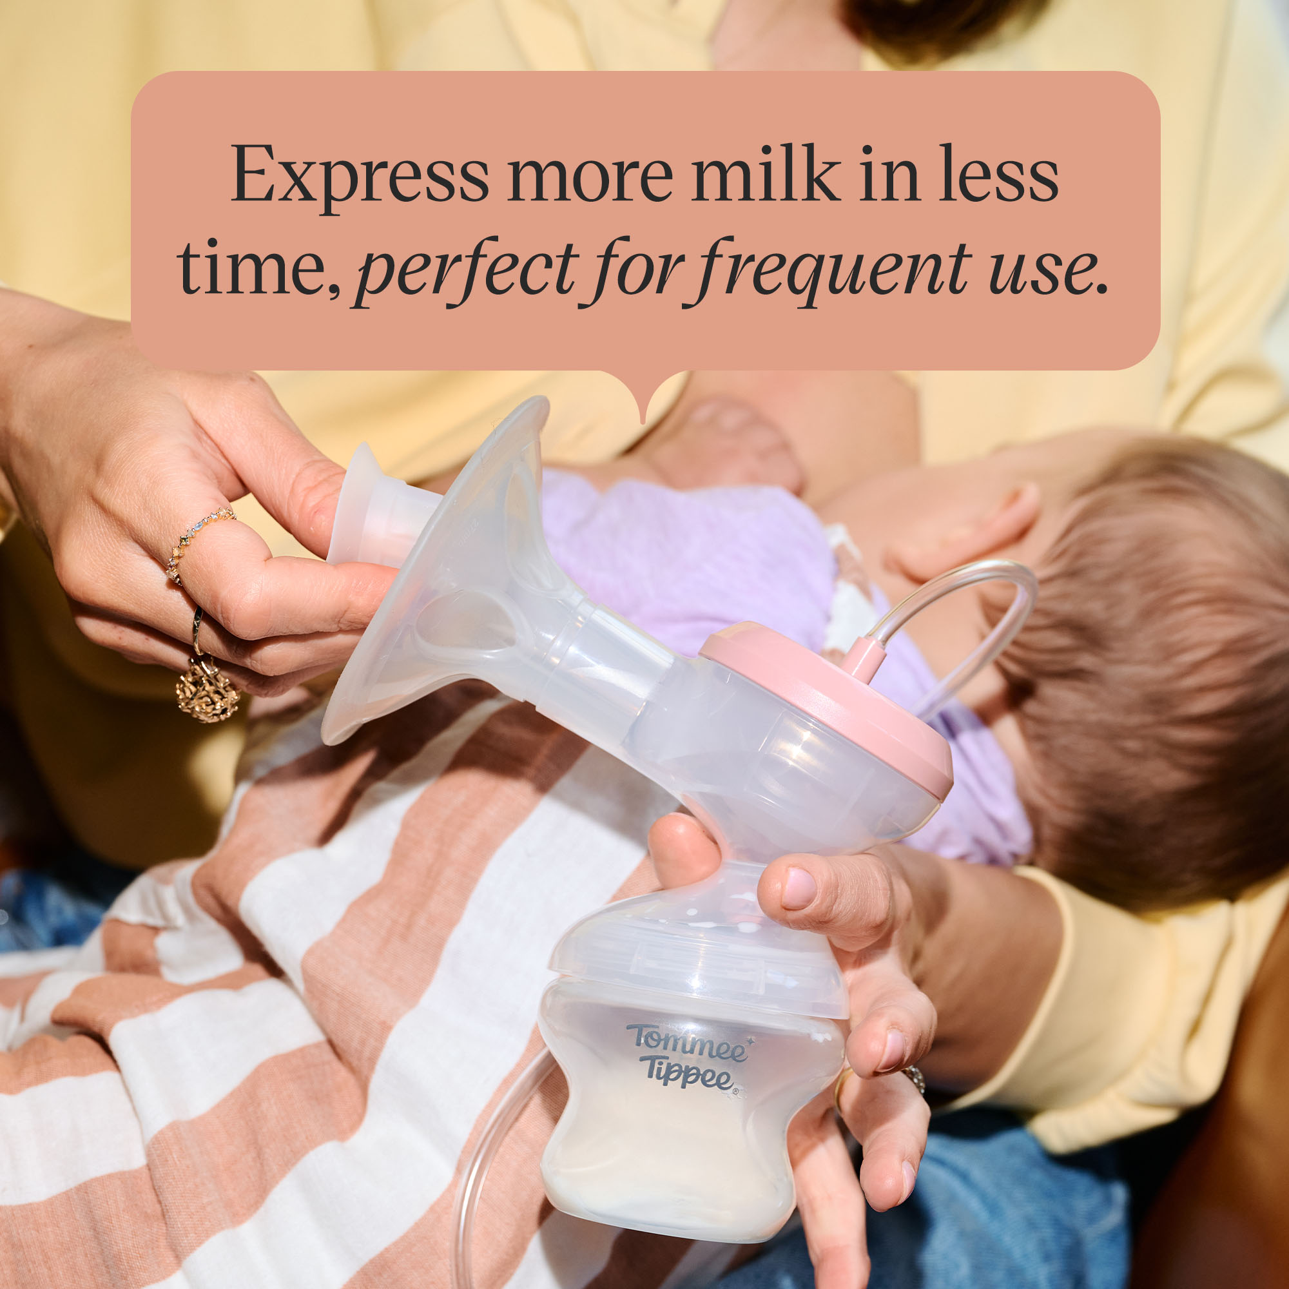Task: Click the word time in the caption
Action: [x=258, y=267]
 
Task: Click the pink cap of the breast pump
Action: [x=828, y=707]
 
